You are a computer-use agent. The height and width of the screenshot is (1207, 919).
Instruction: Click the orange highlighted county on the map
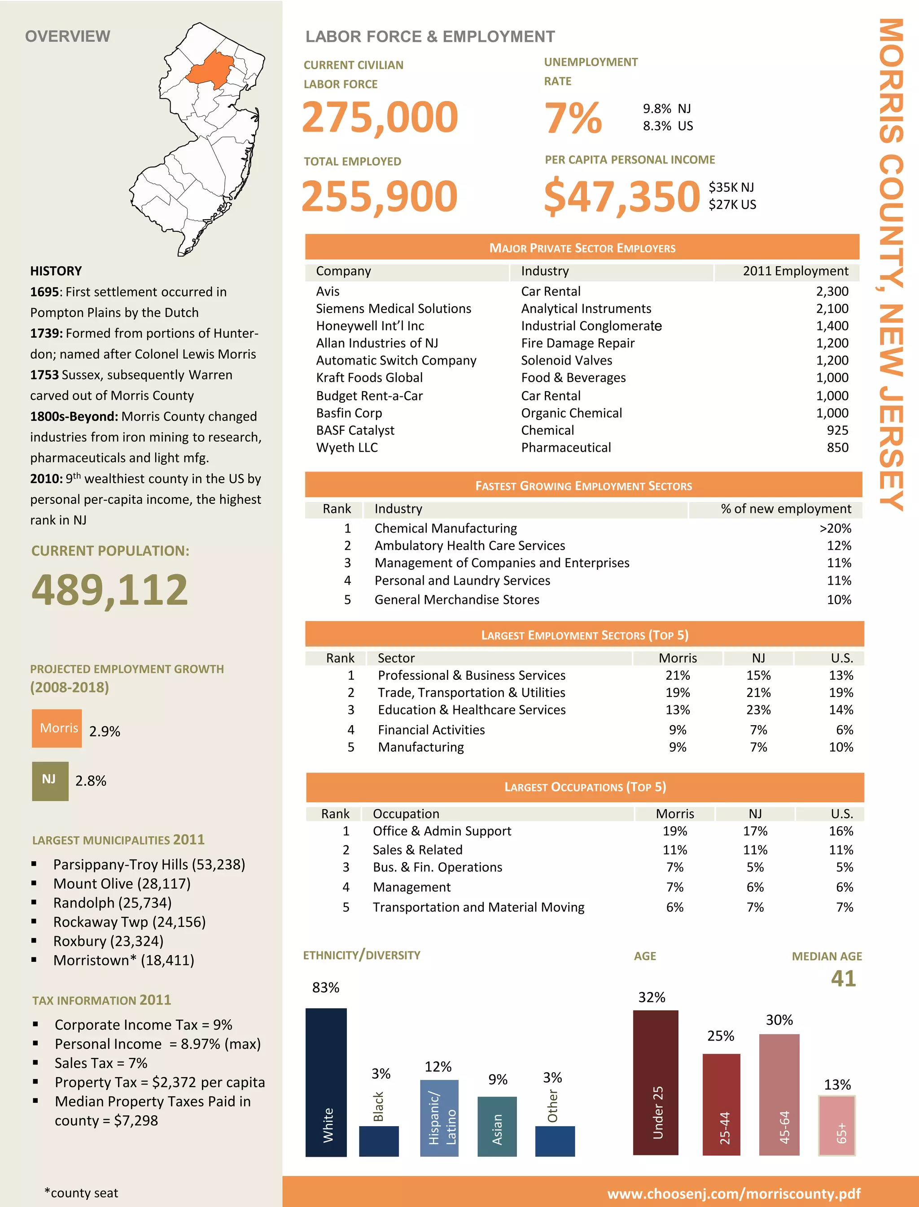(x=210, y=70)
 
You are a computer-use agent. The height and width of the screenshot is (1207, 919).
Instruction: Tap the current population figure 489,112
(x=109, y=590)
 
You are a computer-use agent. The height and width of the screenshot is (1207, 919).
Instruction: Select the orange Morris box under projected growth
(x=57, y=728)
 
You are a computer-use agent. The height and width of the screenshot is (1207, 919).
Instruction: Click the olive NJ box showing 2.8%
(x=50, y=780)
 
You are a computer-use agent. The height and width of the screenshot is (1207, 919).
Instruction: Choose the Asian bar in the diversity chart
(x=497, y=1126)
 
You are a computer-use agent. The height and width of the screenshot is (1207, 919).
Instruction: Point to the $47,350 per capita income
(x=622, y=196)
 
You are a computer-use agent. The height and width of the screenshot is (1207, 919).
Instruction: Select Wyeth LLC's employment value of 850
(x=837, y=448)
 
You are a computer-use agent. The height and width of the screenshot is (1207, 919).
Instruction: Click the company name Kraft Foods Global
(x=369, y=378)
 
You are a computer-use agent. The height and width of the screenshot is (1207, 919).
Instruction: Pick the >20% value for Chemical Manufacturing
(x=835, y=528)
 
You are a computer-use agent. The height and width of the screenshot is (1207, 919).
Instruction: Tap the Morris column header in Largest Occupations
(x=674, y=814)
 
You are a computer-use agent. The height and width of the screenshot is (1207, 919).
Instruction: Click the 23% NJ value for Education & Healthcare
(x=758, y=710)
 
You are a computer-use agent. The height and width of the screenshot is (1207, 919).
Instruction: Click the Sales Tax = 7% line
(x=101, y=1063)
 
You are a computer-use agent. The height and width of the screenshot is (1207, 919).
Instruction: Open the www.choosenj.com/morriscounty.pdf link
(x=734, y=1194)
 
